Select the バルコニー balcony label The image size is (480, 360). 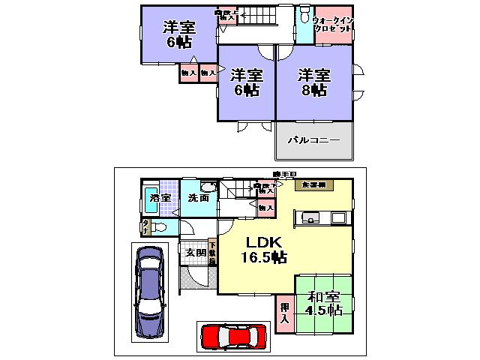click(x=314, y=140)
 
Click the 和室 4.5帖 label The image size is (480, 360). click(x=323, y=303)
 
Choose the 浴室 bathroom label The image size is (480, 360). click(x=160, y=198)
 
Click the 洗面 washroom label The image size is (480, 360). click(x=199, y=198)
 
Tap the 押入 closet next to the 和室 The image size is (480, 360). click(x=285, y=313)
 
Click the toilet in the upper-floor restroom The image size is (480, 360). click(x=304, y=17)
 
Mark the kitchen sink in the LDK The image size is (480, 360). click(x=309, y=218)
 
